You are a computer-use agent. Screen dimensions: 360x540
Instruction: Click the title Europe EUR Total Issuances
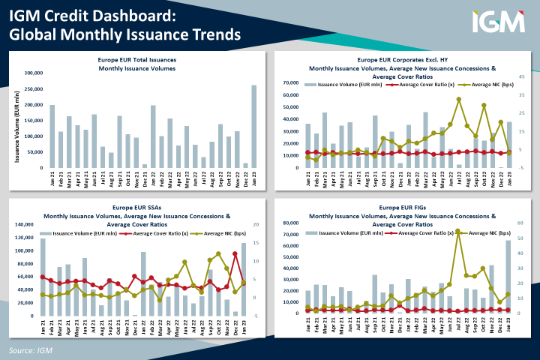[x=137, y=58]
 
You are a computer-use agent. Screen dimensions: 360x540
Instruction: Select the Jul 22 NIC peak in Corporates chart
[x=458, y=99]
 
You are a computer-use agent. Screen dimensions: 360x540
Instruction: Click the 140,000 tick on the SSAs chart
[x=26, y=224]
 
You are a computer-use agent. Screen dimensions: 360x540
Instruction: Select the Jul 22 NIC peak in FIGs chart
[x=458, y=231]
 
